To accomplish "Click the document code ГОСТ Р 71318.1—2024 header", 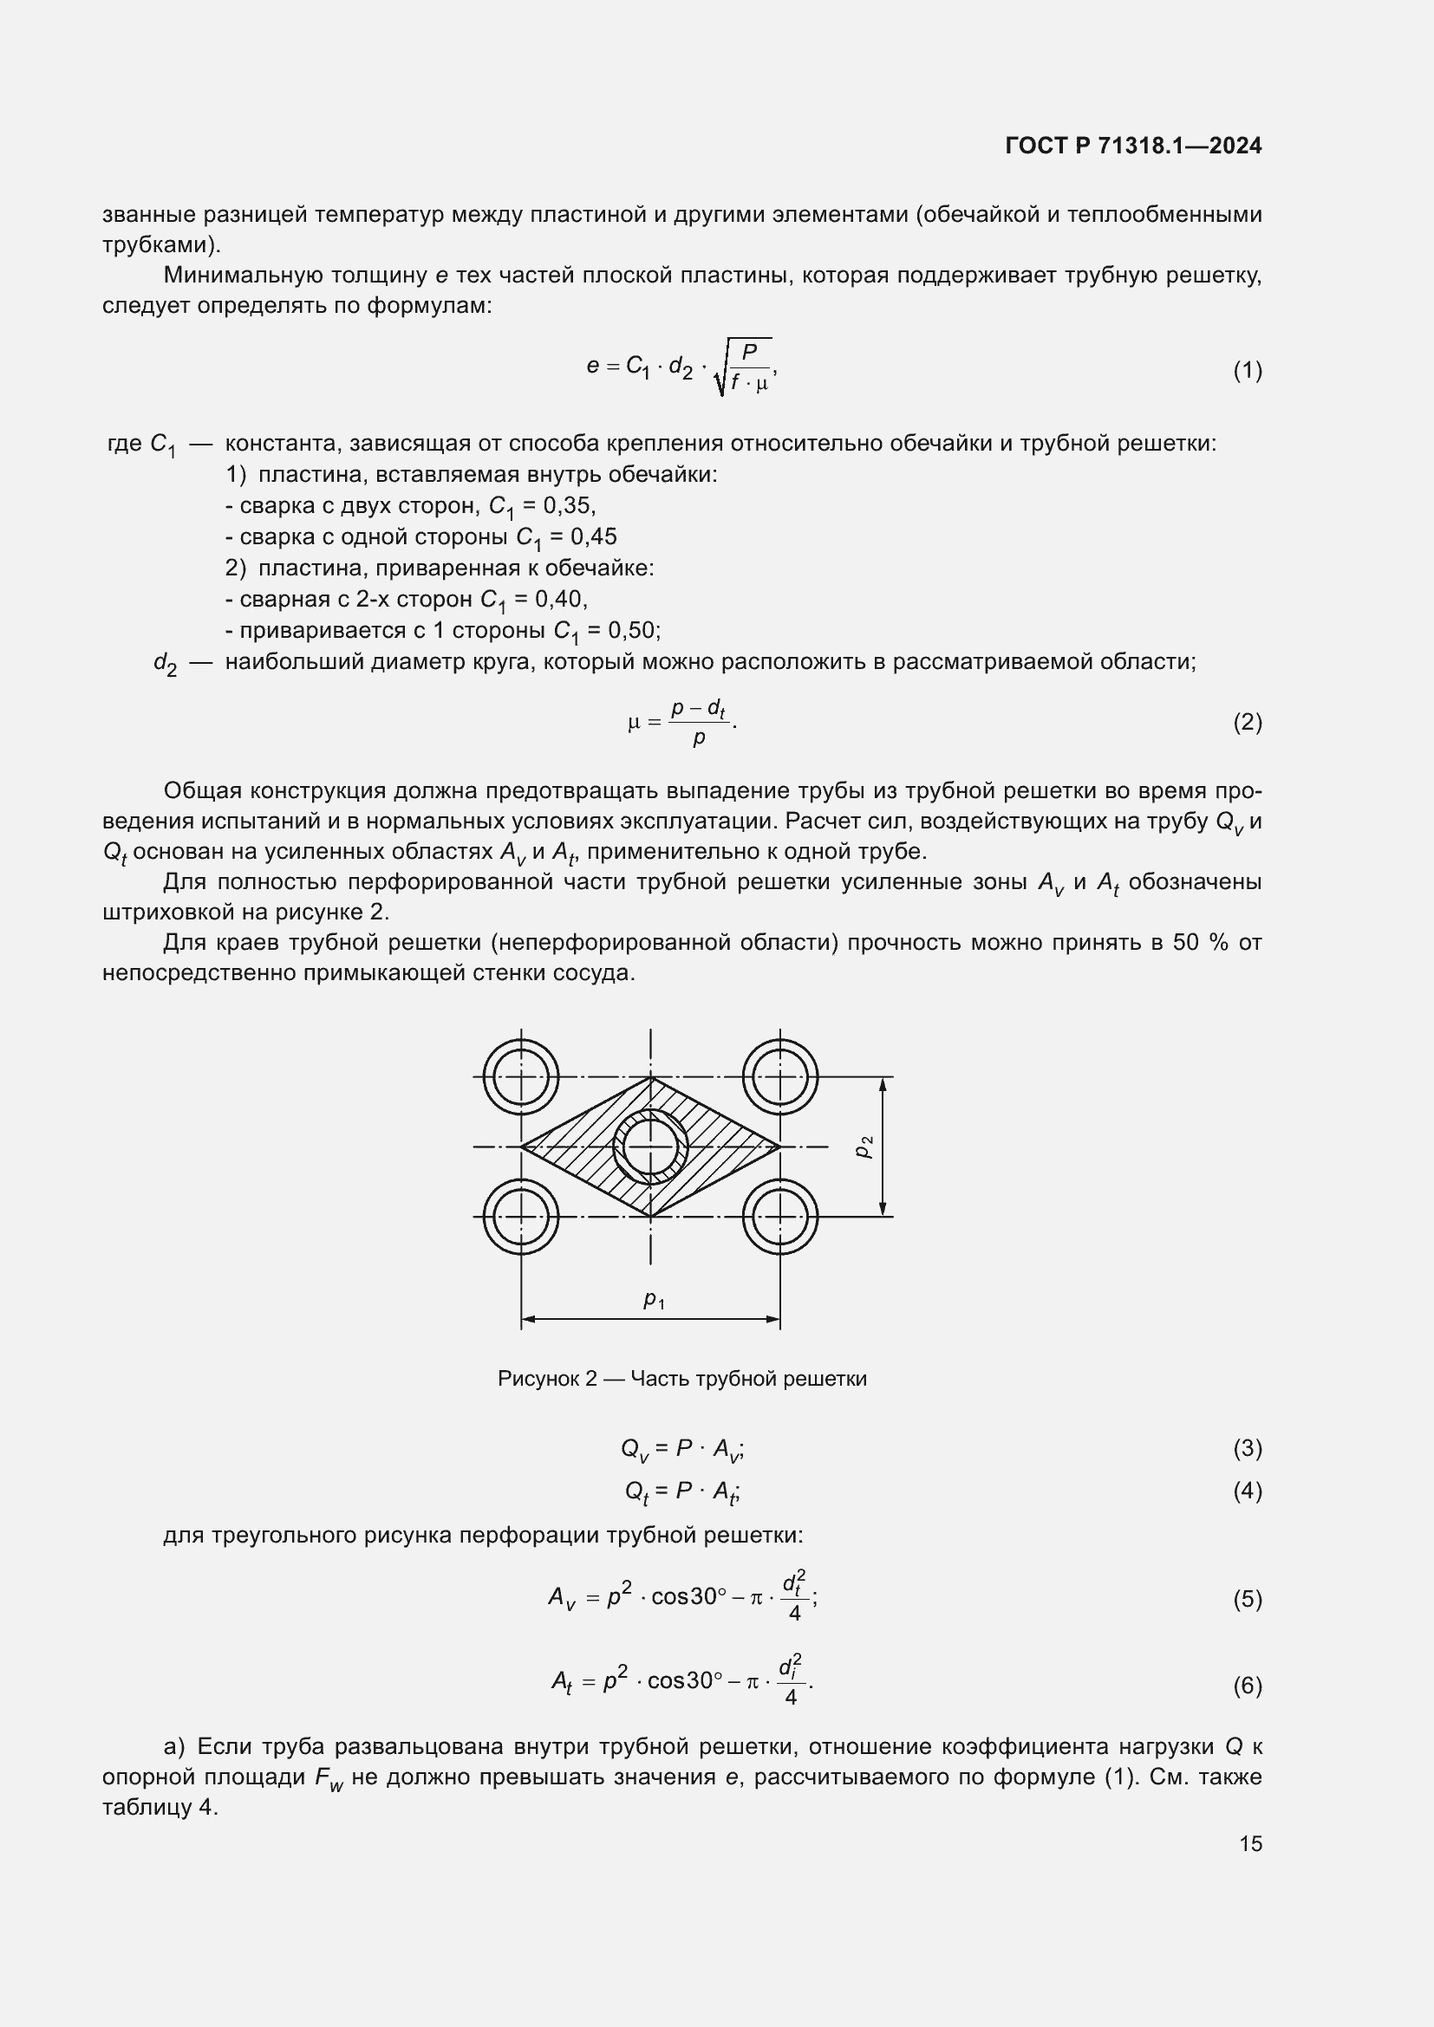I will (1133, 146).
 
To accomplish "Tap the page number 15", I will (1250, 1843).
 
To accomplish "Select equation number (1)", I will (1247, 370).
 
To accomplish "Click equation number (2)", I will (1247, 722).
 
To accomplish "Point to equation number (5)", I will (1247, 1599).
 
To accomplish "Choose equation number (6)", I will (1247, 1686).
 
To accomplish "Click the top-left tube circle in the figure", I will (521, 1077).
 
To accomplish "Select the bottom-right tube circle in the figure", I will (779, 1216).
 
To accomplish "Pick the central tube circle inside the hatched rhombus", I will (651, 1147).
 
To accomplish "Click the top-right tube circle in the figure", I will (779, 1077).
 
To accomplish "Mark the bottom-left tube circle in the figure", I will (521, 1216).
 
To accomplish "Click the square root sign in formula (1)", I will (720, 371).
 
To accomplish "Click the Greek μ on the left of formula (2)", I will (633, 723).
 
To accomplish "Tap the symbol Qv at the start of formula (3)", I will (634, 1449).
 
